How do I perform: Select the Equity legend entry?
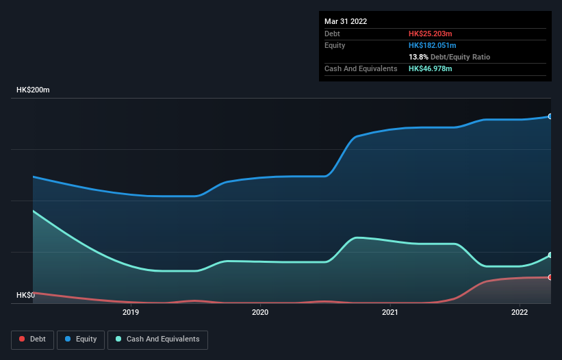[81, 339]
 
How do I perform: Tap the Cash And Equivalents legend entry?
[157, 339]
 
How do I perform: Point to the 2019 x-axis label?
[131, 313]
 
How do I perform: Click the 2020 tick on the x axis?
[260, 313]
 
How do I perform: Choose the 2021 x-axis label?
[390, 313]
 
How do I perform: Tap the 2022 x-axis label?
[520, 313]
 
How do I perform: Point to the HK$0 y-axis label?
[25, 295]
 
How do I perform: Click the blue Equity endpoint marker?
[550, 116]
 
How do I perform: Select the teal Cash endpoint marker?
[550, 255]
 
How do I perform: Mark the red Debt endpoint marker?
[550, 277]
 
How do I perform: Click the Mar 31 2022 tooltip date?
[346, 21]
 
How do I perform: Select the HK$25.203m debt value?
[431, 34]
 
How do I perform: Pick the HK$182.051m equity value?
[433, 45]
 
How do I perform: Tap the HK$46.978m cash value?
[431, 68]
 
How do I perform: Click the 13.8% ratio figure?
[418, 57]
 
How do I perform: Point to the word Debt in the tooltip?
[332, 34]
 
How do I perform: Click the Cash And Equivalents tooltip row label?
[361, 68]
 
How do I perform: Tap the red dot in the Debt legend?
[23, 339]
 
